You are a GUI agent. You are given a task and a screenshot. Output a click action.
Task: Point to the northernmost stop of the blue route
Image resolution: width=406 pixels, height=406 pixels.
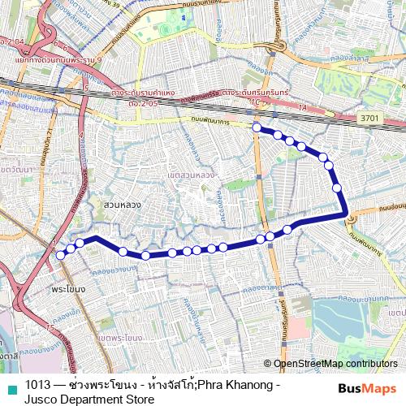pos(257,127)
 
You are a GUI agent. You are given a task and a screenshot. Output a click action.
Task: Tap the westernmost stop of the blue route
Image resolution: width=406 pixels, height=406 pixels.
pos(60,254)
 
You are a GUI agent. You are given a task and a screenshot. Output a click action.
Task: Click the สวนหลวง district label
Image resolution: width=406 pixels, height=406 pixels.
pos(123,205)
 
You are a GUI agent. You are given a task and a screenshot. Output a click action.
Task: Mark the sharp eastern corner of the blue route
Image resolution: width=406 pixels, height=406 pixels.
pos(348,216)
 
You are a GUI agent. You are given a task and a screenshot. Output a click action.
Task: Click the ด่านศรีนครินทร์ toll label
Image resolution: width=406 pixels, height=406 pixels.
pos(243,94)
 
